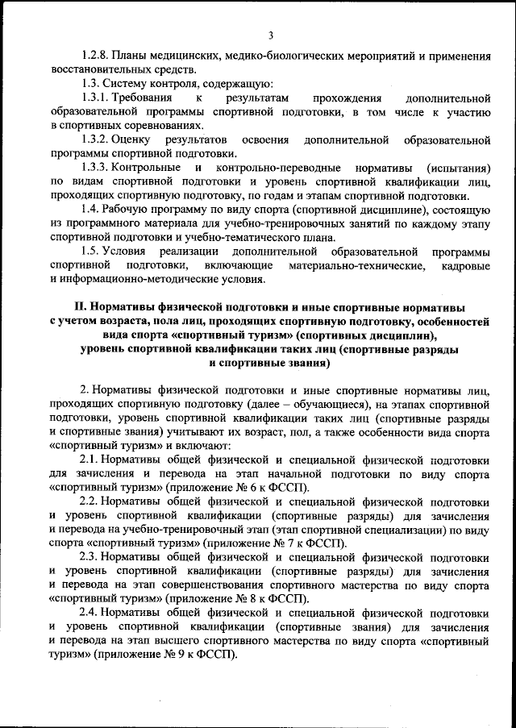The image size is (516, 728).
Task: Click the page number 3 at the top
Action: (x=272, y=34)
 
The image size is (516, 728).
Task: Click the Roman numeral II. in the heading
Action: (x=79, y=307)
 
